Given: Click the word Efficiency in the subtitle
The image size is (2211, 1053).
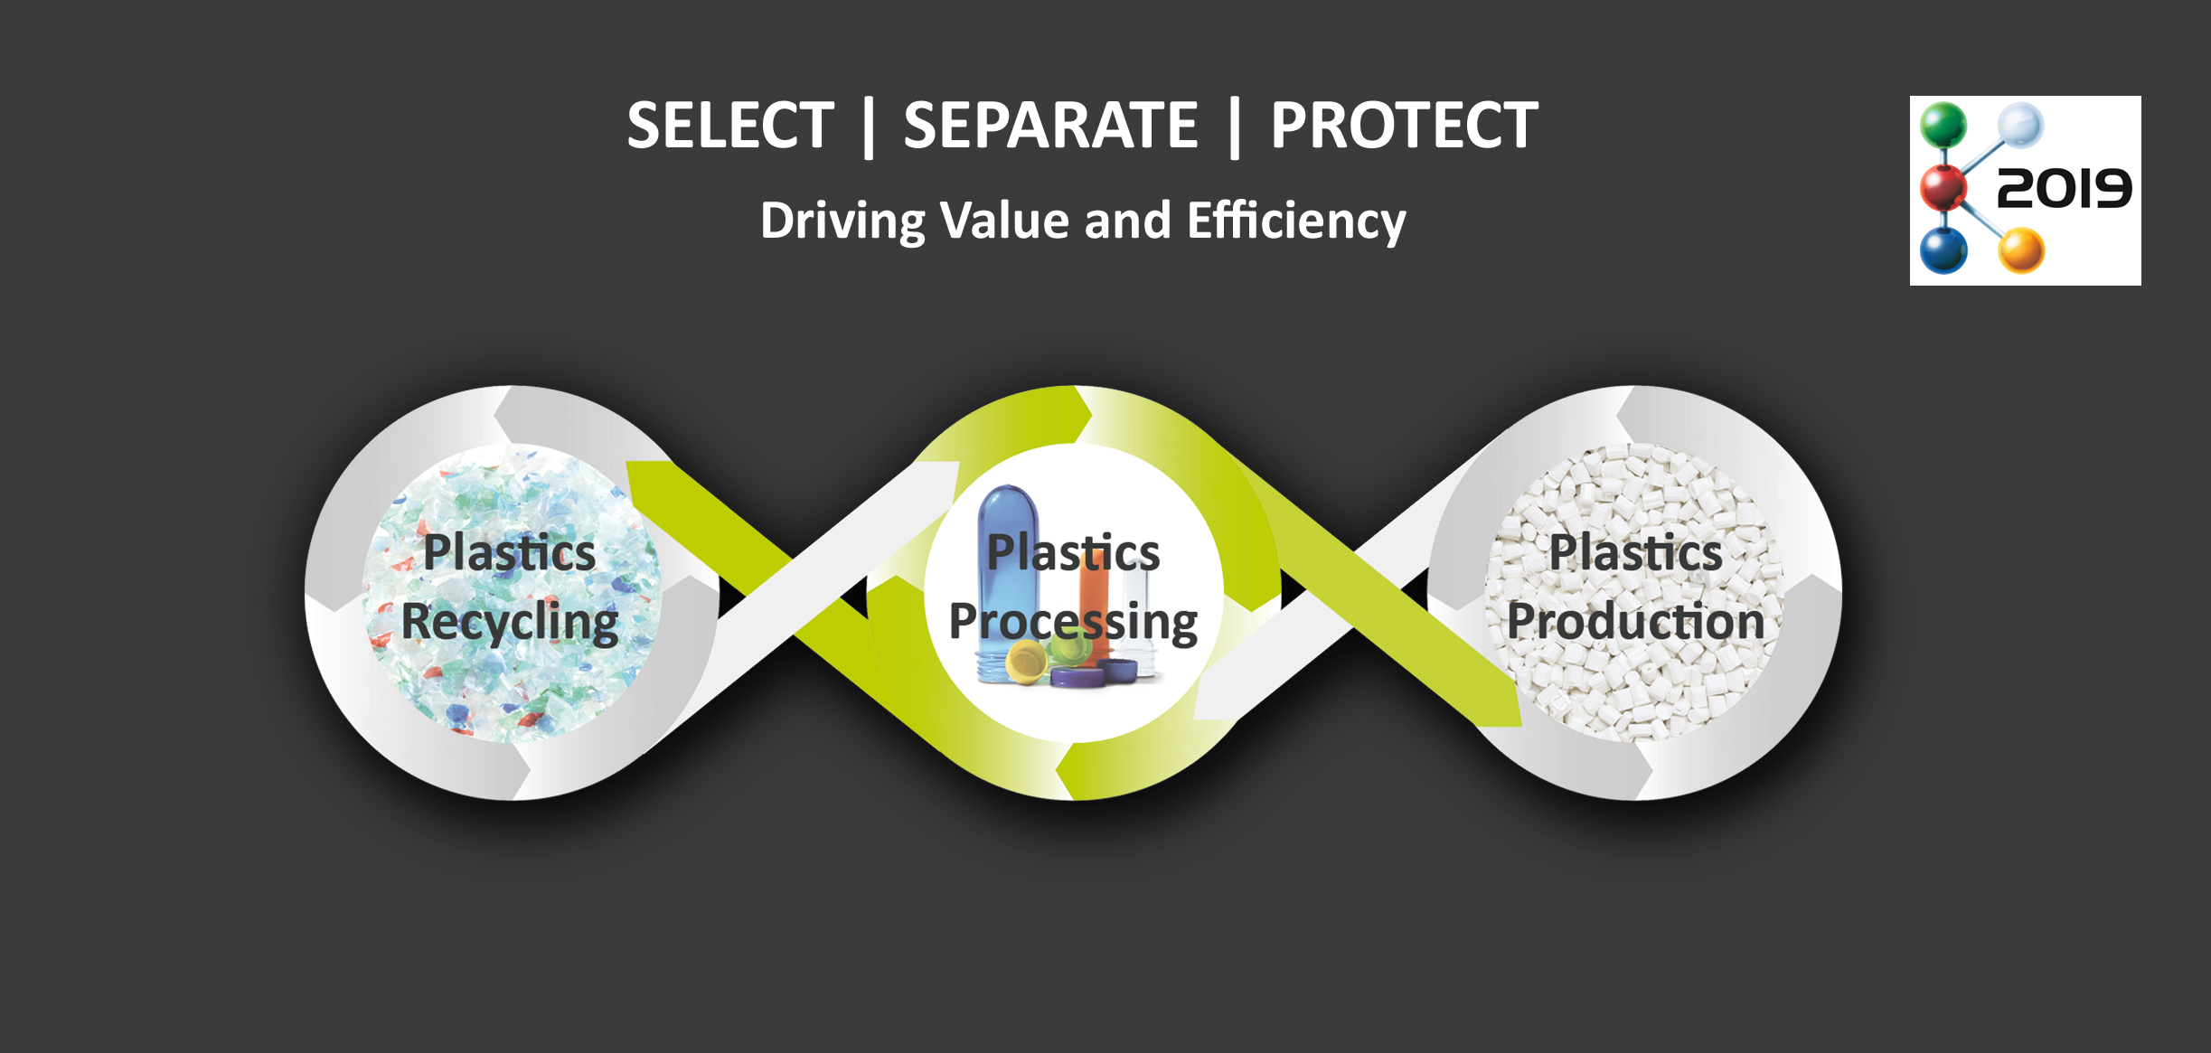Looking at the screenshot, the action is pyautogui.click(x=1297, y=221).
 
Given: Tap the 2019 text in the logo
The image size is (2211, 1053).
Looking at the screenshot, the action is pyautogui.click(x=2064, y=189).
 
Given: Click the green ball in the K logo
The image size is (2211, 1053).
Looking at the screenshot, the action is pyautogui.click(x=1943, y=125).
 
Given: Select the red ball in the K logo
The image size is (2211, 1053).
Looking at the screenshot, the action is pyautogui.click(x=1943, y=187).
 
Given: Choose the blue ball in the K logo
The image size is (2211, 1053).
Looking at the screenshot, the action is pyautogui.click(x=1943, y=249).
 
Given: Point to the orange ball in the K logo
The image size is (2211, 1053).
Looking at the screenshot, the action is pyautogui.click(x=2021, y=250).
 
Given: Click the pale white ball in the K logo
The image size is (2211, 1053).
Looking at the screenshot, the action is pyautogui.click(x=2021, y=125).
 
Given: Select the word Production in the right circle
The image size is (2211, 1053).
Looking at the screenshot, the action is pyautogui.click(x=1635, y=622).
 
